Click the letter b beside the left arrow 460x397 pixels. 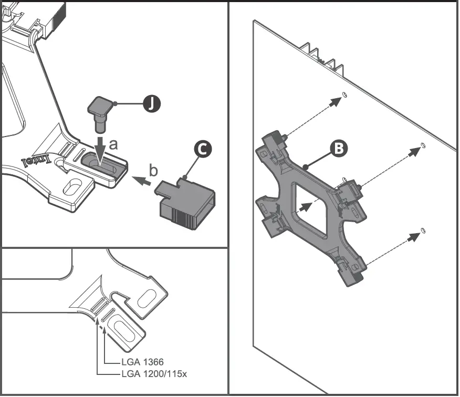tap(153, 171)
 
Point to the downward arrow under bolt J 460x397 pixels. tap(100, 147)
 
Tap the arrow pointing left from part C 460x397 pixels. tap(140, 182)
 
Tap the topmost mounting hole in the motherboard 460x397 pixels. tap(344, 95)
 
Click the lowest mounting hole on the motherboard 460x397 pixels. tap(423, 231)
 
